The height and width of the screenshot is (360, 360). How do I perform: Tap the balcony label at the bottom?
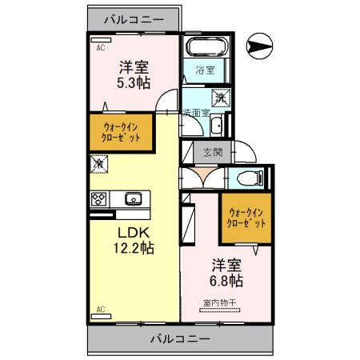coord(180,338)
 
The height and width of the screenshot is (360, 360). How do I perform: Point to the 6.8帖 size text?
coord(227,281)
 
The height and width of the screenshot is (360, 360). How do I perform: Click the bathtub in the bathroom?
coord(206,46)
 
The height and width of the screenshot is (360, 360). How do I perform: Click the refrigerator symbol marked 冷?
coord(98,164)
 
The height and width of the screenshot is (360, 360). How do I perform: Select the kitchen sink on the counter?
coord(132,199)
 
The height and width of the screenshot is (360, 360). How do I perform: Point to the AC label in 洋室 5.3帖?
coord(101,48)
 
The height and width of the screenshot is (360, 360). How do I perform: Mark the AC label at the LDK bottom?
coord(101,308)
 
